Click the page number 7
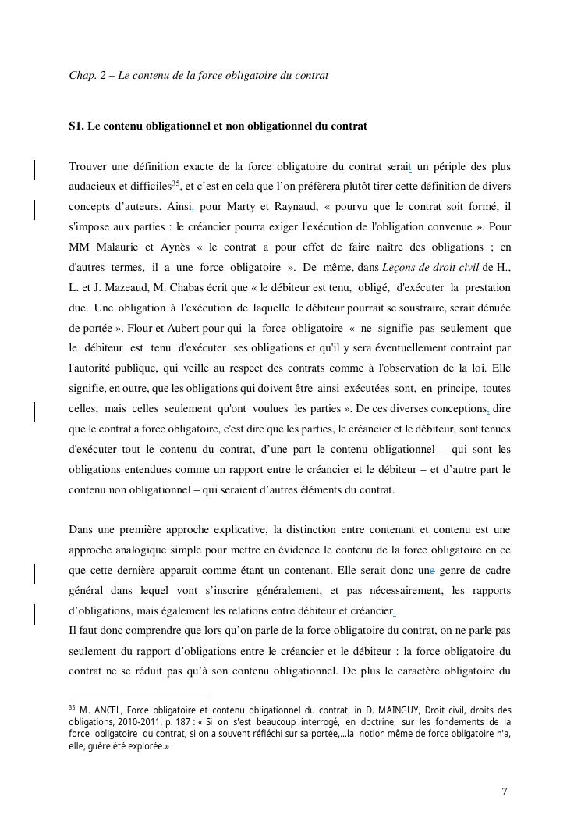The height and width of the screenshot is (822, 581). pyautogui.click(x=505, y=792)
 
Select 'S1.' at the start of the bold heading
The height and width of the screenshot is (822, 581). pyautogui.click(x=76, y=126)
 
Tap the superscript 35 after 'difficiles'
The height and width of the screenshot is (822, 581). pyautogui.click(x=175, y=183)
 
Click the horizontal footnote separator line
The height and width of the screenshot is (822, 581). pyautogui.click(x=139, y=699)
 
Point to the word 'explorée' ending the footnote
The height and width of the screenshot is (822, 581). pyautogui.click(x=142, y=745)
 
